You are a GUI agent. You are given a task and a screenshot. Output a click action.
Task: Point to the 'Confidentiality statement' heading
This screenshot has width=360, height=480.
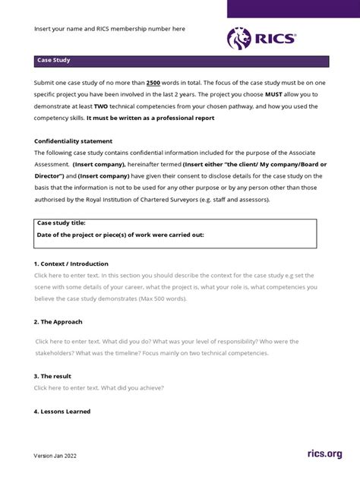74,141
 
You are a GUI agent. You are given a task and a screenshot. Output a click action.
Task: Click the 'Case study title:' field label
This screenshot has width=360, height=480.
62,223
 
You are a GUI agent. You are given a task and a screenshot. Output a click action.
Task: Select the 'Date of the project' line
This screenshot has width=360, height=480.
120,235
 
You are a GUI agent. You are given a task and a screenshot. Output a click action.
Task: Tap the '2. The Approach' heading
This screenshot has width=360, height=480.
58,321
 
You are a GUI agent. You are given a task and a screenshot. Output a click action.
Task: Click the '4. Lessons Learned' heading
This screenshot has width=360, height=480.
62,411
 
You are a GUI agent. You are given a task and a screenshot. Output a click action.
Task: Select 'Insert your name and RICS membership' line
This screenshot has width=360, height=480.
109,28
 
